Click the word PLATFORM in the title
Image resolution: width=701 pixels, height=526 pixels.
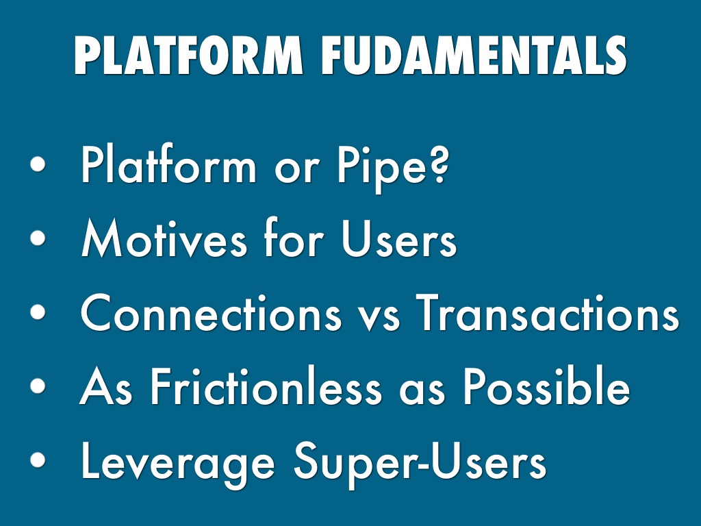[189, 55]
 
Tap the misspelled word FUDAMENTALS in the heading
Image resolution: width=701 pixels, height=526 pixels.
[474, 55]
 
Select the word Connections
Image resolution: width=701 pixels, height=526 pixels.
[211, 312]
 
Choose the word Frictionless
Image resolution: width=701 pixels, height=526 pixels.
[266, 386]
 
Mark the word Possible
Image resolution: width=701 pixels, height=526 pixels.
[546, 386]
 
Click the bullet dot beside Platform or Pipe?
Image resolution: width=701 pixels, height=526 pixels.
[38, 164]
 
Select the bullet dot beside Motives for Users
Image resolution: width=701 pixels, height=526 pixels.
[38, 238]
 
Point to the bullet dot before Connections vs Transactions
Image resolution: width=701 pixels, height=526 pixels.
[38, 312]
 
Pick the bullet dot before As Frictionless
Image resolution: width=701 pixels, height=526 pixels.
[38, 386]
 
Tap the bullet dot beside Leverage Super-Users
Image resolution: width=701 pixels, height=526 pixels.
[38, 460]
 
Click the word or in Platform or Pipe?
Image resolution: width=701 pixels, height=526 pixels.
[297, 171]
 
